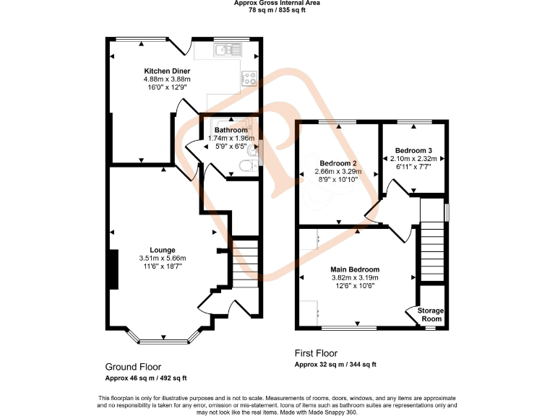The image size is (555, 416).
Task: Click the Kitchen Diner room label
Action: click(x=166, y=71)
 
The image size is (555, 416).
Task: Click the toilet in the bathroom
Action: click(x=246, y=166)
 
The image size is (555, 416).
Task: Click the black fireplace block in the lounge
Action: click(x=113, y=269)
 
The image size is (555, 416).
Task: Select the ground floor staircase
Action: click(x=245, y=264)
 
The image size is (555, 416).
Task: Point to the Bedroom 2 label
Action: click(x=338, y=163)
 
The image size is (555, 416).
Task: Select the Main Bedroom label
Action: click(x=355, y=269)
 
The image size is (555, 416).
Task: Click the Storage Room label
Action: click(x=431, y=314)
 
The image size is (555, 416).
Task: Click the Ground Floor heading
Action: click(x=133, y=367)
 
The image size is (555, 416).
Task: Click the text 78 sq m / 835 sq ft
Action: click(x=277, y=11)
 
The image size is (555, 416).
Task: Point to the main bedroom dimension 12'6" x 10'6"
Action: click(x=355, y=285)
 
